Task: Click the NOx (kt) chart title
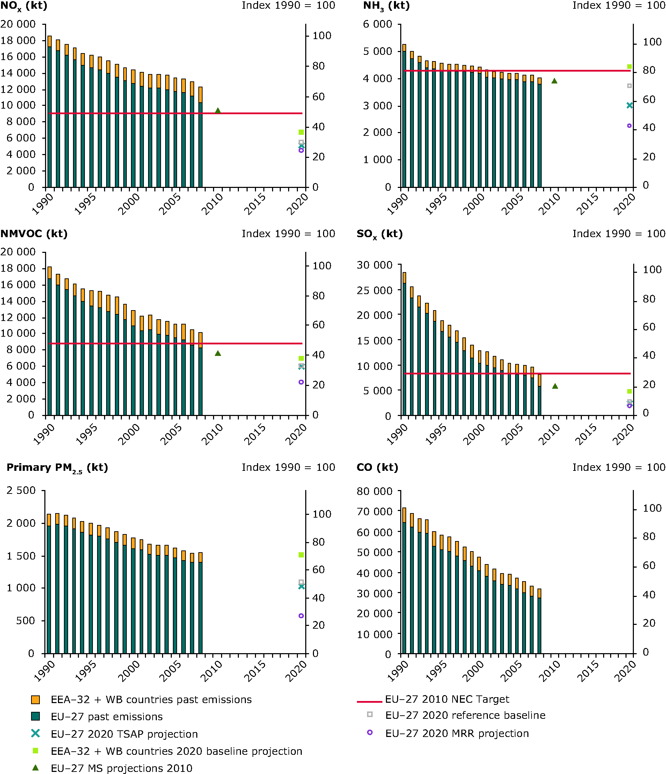tap(24, 6)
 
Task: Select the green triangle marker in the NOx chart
tap(218, 111)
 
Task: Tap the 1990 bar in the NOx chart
tap(49, 112)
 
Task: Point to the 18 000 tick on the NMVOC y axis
tap(18, 268)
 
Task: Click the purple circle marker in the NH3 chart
tap(629, 126)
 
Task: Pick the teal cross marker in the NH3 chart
tap(629, 105)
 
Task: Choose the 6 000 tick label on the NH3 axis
tap(377, 24)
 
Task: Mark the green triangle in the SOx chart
tap(555, 386)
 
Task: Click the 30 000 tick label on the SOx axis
tap(375, 265)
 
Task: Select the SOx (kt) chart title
tap(380, 234)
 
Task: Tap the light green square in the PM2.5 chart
tap(301, 555)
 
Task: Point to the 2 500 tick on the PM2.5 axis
tap(21, 490)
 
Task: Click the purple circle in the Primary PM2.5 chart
tap(301, 616)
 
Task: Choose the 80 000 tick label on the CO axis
tap(375, 491)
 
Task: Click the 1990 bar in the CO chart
tap(404, 581)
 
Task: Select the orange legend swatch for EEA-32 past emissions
tap(36, 699)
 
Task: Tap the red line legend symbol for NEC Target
tap(369, 702)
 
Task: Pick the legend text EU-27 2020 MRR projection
tap(457, 733)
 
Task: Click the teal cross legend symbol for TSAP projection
tap(36, 733)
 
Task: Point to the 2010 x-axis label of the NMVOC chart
tap(213, 435)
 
